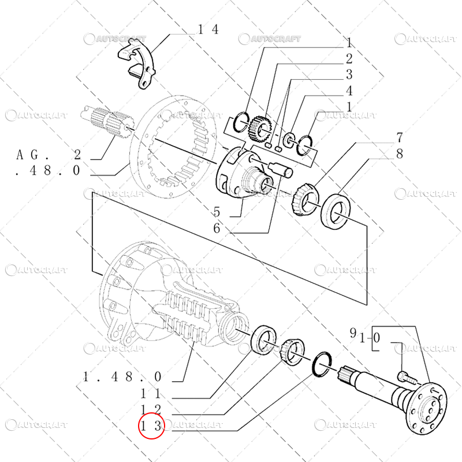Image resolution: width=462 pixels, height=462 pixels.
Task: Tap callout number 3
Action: (x=349, y=75)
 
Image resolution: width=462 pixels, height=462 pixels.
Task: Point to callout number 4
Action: (x=349, y=91)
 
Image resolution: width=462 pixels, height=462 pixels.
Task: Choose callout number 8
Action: (x=398, y=154)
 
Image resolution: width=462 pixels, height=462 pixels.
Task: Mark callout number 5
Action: (x=217, y=211)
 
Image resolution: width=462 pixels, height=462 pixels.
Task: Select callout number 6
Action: (x=217, y=228)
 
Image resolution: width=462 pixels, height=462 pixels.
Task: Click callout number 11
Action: (x=151, y=393)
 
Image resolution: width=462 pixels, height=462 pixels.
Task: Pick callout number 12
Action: (x=151, y=410)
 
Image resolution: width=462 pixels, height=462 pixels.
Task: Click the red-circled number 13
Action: (x=151, y=427)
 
